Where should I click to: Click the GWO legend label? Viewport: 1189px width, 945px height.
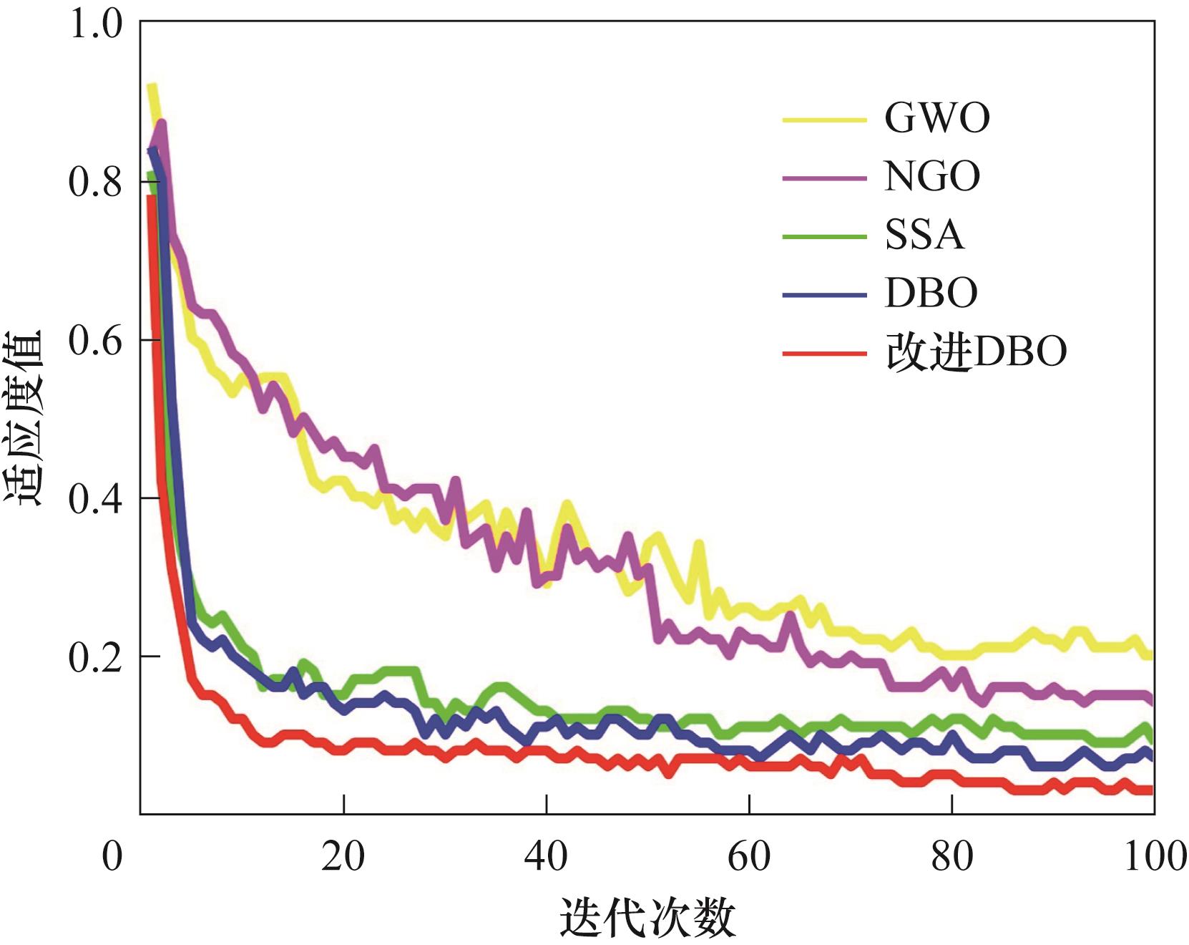click(936, 118)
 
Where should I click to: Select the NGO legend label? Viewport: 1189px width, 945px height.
click(932, 177)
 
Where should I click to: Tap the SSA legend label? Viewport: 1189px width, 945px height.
click(924, 235)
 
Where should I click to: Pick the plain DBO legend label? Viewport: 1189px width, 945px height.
click(931, 293)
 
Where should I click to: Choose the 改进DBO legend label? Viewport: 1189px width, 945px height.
click(976, 352)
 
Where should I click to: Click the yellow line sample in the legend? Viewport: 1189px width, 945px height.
click(824, 120)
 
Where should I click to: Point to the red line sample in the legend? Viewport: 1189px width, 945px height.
click(824, 353)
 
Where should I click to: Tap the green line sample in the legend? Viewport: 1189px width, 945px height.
click(824, 236)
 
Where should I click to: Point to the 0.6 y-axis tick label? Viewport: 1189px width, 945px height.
click(95, 340)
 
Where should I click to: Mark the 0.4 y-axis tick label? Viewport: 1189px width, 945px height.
click(95, 498)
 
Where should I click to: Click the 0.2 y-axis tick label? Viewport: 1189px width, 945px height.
click(95, 656)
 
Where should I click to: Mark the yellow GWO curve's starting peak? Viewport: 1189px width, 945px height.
click(152, 87)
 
